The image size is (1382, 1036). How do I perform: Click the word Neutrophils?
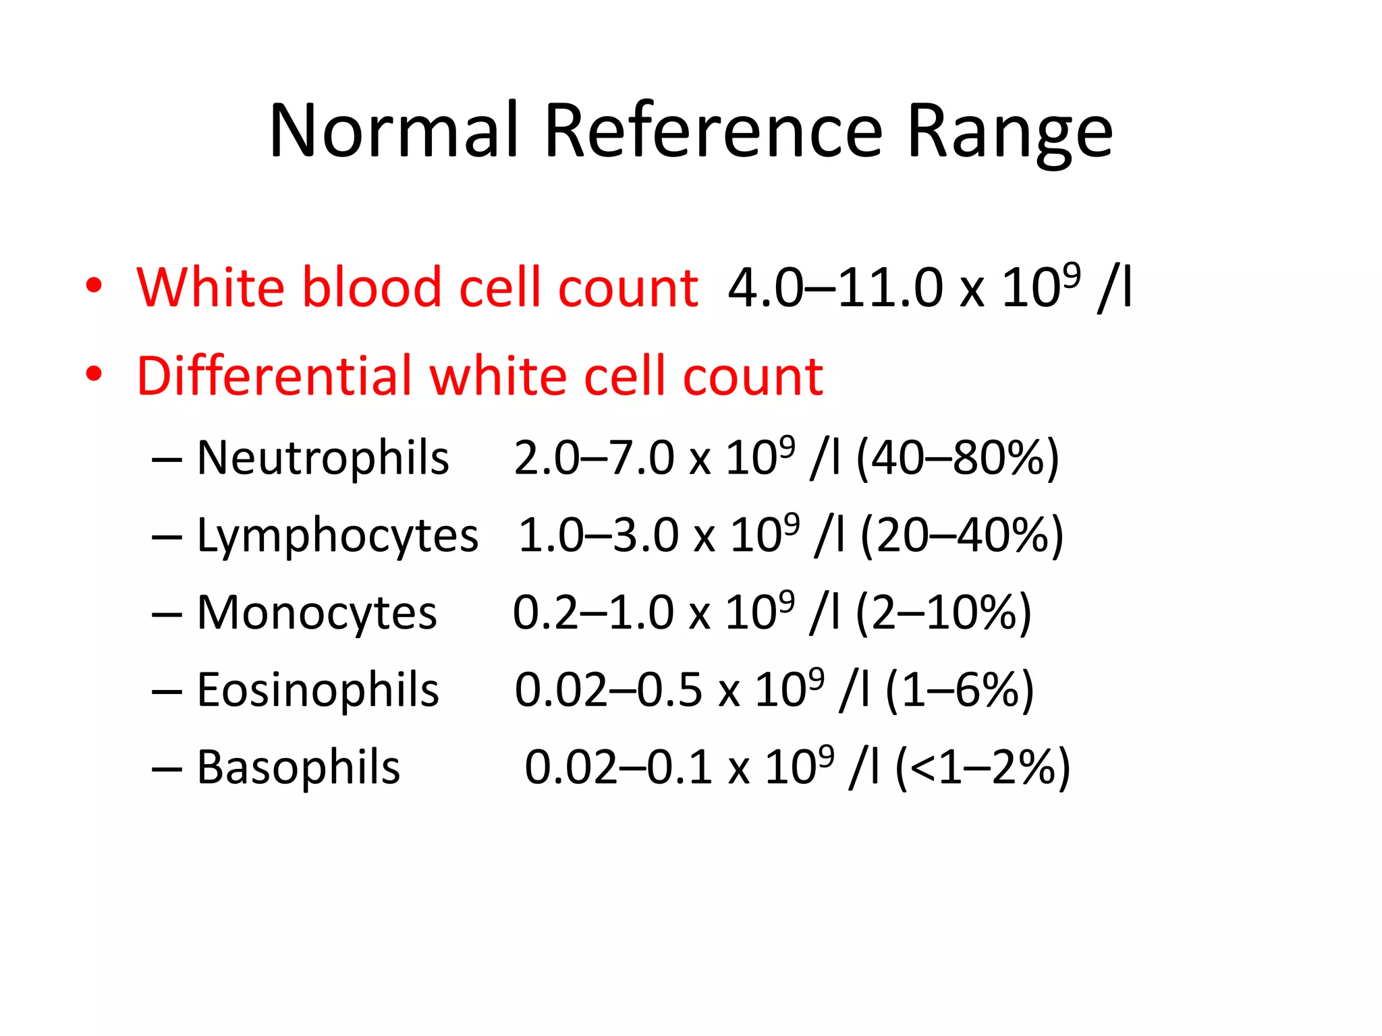tap(323, 458)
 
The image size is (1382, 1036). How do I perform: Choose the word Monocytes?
tap(316, 613)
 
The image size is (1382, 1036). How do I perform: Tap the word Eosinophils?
tap(318, 690)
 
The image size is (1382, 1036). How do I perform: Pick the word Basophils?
tap(298, 768)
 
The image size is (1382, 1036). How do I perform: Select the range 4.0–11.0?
tap(835, 288)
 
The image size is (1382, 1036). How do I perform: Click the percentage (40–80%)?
tap(958, 459)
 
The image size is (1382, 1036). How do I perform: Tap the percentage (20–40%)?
tap(962, 536)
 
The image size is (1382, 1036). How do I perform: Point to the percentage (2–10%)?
tap(943, 613)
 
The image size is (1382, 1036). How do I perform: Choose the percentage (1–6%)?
tap(959, 691)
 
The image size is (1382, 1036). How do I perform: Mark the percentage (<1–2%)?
tap(983, 768)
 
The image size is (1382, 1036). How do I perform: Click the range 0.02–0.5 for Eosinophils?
tap(608, 691)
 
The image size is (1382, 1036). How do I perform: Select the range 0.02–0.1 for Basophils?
tap(618, 768)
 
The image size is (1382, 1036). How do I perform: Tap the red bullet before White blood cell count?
tap(94, 285)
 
